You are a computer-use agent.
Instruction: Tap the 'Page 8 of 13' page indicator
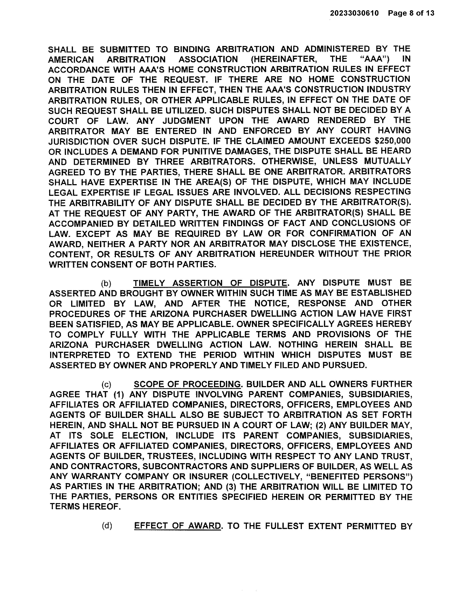411,13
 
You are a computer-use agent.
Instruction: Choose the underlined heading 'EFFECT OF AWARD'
177,526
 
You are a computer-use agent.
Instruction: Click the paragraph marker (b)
106,283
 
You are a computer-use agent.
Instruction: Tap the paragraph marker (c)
106,384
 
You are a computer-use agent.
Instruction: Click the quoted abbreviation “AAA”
375,59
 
